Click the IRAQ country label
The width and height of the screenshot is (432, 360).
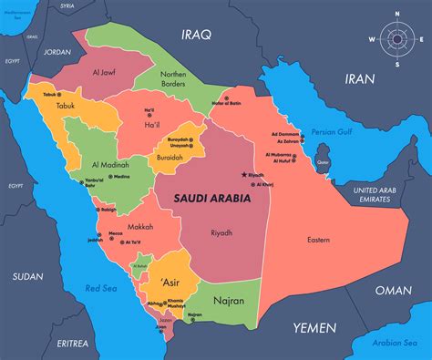[x=195, y=36]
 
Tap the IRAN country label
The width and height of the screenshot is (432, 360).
[x=359, y=79]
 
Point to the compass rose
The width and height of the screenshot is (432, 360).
[x=396, y=39]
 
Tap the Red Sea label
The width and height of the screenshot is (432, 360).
[x=99, y=288]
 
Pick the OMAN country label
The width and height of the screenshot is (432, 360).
[x=394, y=291]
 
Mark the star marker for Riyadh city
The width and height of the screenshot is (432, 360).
[x=243, y=174]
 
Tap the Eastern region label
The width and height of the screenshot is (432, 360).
[x=318, y=240]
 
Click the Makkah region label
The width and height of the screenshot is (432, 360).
[x=140, y=227]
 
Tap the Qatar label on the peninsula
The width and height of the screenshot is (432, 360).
[x=322, y=163]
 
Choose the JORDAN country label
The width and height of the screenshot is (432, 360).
[x=57, y=52]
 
